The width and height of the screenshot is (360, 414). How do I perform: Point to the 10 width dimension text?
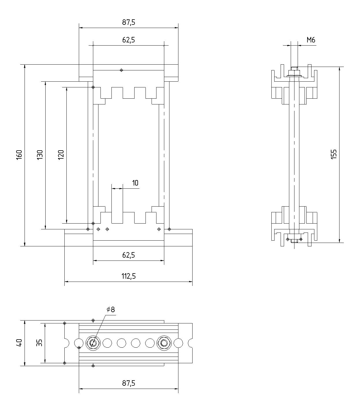click(x=135, y=183)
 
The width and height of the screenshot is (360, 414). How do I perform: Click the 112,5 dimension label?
click(x=128, y=276)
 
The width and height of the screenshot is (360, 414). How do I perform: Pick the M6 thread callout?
click(x=311, y=40)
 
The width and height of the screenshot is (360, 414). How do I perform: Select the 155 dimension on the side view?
click(x=334, y=154)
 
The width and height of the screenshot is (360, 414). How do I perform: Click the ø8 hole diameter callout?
click(x=111, y=310)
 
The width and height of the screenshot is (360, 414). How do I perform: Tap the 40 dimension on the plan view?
click(x=19, y=343)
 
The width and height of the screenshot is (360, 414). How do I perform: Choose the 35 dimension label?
click(x=40, y=343)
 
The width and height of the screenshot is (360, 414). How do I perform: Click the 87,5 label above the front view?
click(x=128, y=23)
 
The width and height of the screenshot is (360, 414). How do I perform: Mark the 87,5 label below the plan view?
click(x=128, y=383)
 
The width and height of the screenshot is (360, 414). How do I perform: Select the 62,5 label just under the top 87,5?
click(x=128, y=40)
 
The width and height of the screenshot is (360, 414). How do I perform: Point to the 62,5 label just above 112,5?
click(x=128, y=255)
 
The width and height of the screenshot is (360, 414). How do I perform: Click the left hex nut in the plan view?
click(x=93, y=343)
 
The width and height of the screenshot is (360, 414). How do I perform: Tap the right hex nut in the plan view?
click(x=164, y=343)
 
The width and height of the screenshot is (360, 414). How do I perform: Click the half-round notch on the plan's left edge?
click(x=66, y=343)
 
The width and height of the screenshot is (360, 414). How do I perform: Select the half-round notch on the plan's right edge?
click(x=190, y=343)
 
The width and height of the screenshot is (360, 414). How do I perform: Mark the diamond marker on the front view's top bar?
click(x=121, y=70)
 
